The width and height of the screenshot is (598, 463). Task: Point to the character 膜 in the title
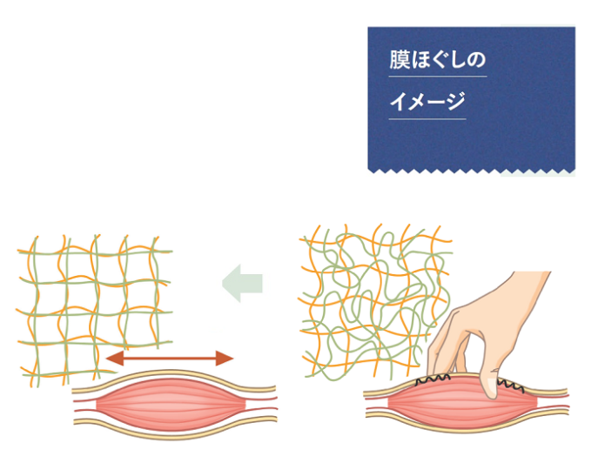click(x=398, y=63)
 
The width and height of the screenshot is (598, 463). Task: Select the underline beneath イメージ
click(x=427, y=118)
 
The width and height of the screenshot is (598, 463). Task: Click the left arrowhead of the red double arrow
click(x=113, y=358)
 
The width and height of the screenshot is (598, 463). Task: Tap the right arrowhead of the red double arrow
click(x=225, y=358)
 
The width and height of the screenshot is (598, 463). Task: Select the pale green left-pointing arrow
click(x=242, y=285)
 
